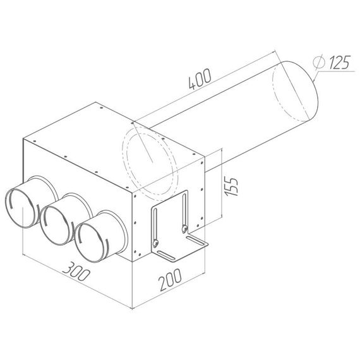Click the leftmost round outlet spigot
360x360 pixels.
click(21, 207)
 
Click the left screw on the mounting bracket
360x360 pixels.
click(153, 241)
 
